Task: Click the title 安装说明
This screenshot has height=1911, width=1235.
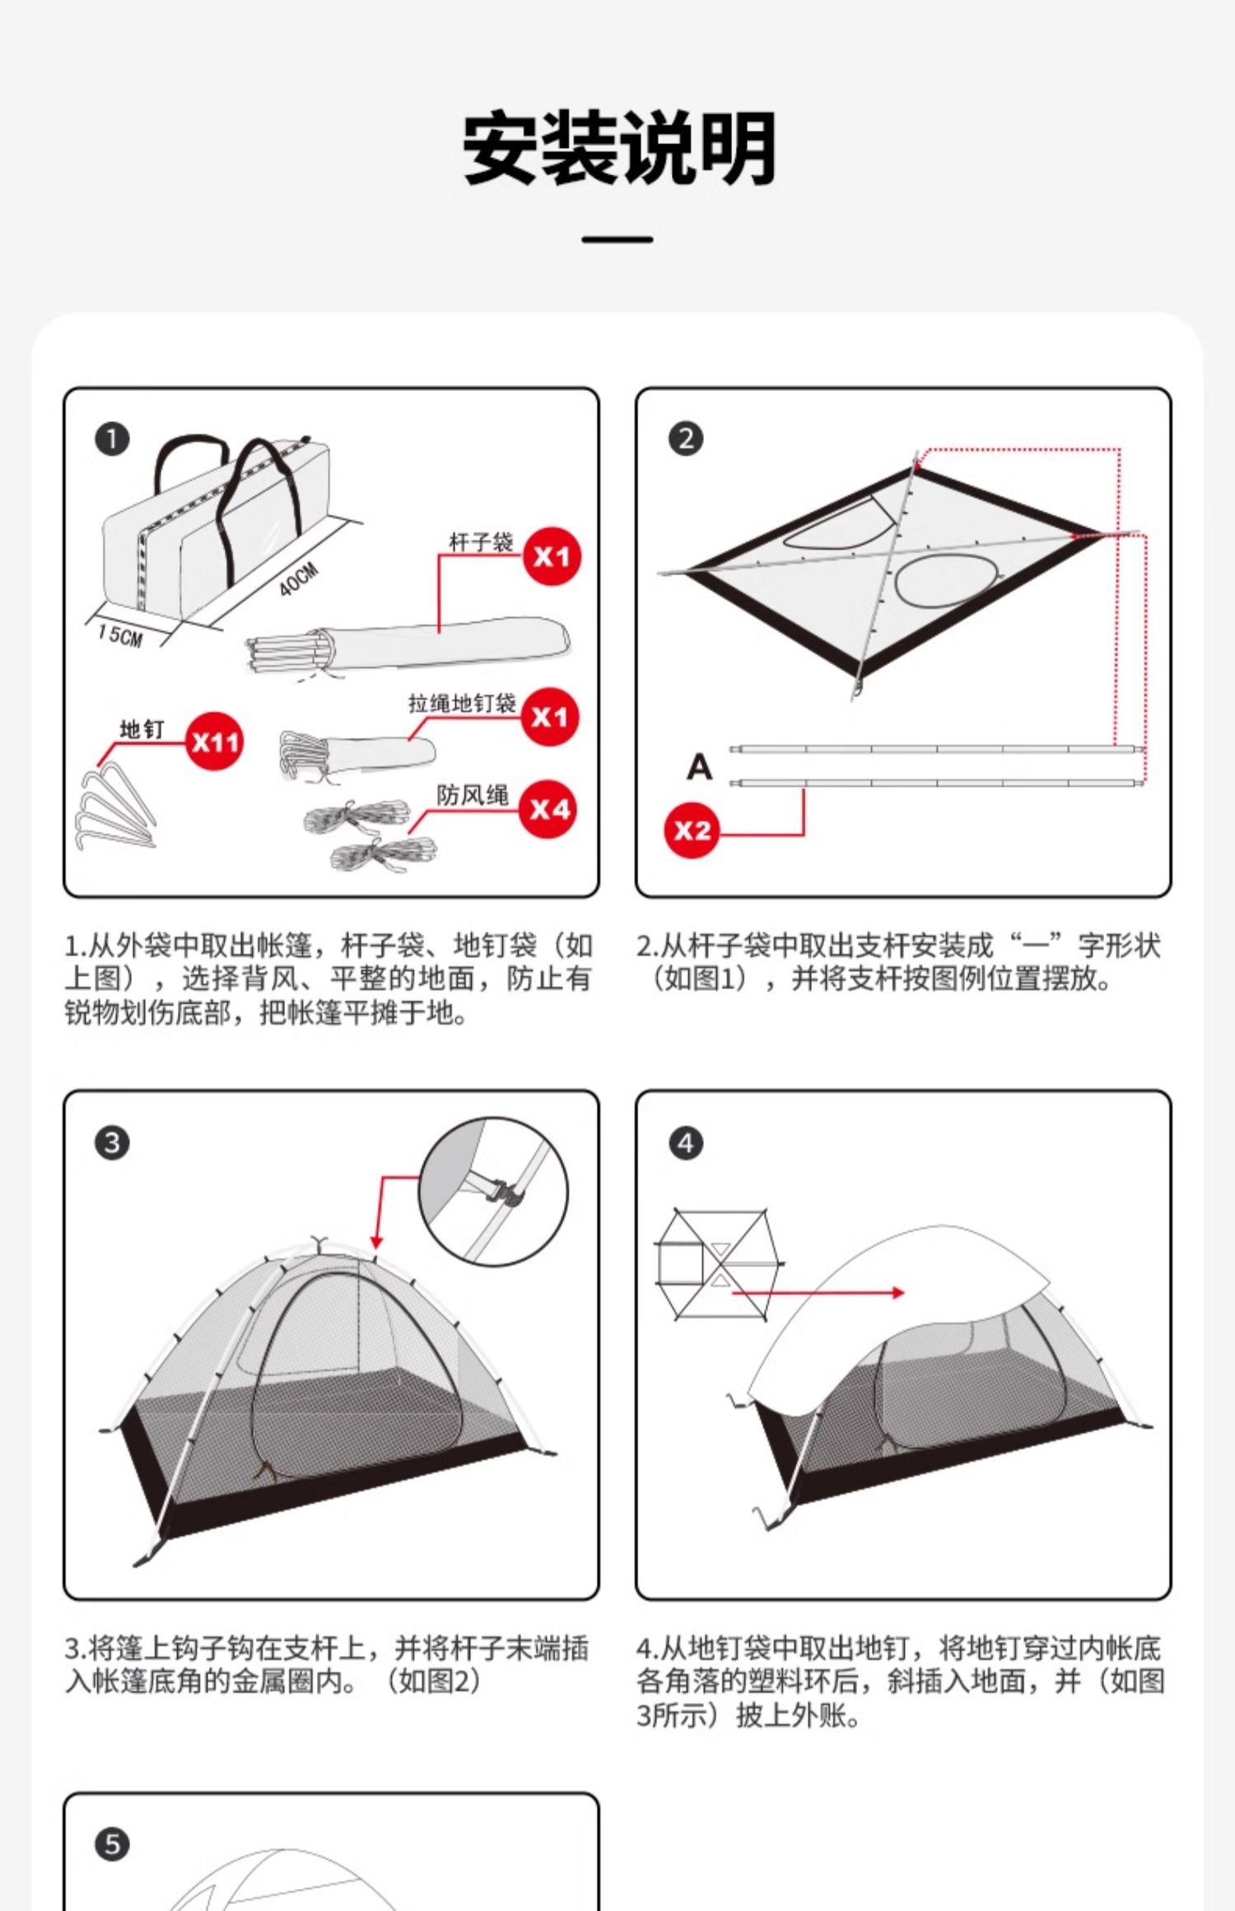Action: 618,149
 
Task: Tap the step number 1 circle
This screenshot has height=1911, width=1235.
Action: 113,439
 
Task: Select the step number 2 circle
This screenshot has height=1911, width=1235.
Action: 686,439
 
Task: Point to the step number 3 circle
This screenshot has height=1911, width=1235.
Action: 113,1142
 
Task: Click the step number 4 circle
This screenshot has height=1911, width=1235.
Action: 686,1142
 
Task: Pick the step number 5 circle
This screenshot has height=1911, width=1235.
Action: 113,1844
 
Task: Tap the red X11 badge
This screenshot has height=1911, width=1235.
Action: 214,742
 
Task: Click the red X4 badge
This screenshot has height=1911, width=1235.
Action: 549,809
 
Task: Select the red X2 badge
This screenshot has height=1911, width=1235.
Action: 692,830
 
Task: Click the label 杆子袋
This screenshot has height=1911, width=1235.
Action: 481,542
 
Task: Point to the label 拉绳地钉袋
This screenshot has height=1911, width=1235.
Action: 462,703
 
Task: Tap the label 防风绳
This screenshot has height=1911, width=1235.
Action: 473,795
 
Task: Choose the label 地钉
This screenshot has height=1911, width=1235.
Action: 142,729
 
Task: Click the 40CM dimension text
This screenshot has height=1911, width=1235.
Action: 298,580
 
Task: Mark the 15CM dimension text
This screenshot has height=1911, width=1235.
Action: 120,635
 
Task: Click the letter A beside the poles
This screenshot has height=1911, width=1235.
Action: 699,767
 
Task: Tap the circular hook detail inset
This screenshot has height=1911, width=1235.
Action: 493,1191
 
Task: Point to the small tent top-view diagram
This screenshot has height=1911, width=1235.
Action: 718,1265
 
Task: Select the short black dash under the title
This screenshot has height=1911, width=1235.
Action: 617,239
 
